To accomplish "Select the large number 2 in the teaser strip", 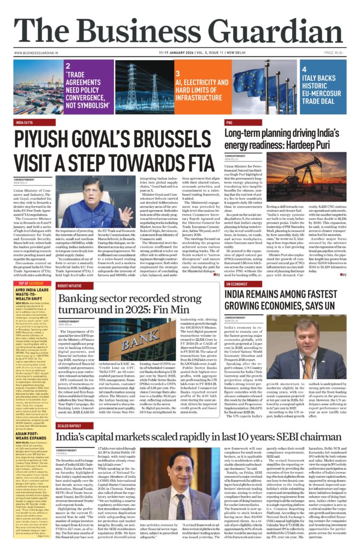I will click(x=68, y=66).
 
